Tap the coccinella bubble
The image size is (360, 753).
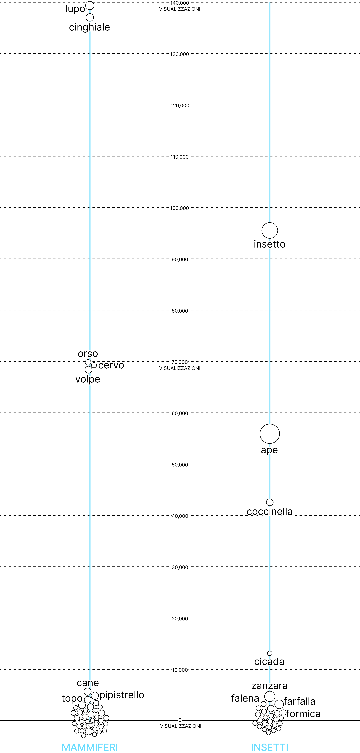tap(270, 502)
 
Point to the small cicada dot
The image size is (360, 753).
tap(270, 653)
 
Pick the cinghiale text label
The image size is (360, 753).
tap(89, 27)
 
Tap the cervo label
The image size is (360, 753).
tap(111, 365)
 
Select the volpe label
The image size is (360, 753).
tap(88, 379)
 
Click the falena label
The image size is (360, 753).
tap(245, 698)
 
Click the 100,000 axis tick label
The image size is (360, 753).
tap(180, 208)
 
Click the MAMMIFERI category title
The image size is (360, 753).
tap(90, 747)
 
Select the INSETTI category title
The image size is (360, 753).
tap(270, 747)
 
